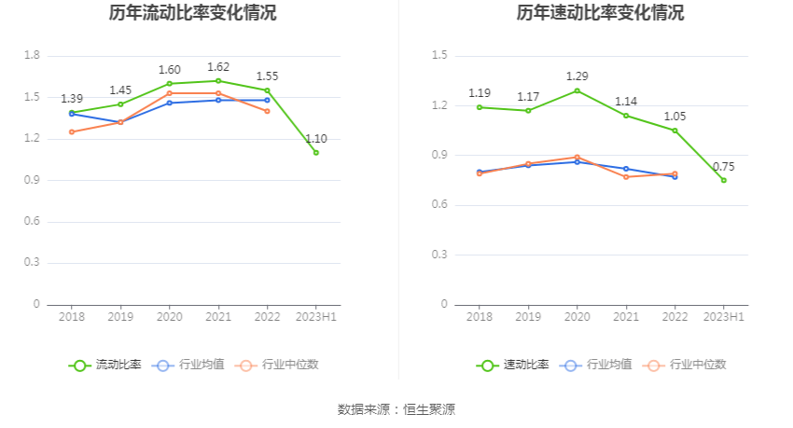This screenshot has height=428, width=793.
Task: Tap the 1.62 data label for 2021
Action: tap(218, 67)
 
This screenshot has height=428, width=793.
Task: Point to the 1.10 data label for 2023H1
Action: tap(315, 139)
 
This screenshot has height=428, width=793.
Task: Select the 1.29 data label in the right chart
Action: tap(577, 76)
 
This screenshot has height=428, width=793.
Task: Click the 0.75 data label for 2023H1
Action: tap(723, 167)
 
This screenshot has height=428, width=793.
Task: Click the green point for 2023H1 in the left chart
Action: tap(315, 152)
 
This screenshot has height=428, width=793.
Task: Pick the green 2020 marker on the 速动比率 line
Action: tap(577, 90)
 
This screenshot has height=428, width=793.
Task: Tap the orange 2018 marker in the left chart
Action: tap(72, 131)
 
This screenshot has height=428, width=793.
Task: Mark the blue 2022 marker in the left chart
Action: tap(267, 100)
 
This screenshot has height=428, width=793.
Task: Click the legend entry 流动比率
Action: tap(105, 365)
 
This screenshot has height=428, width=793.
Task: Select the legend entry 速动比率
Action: tap(513, 365)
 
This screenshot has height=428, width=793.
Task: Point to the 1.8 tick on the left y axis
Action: tap(32, 56)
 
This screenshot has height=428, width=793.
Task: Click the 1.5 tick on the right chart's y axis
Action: tap(439, 56)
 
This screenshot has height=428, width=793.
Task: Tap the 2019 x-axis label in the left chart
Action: tap(120, 318)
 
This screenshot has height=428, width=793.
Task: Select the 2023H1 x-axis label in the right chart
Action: tap(723, 318)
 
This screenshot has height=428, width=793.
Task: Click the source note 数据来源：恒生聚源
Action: tap(396, 409)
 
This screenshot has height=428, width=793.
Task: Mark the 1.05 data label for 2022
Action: tap(675, 117)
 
